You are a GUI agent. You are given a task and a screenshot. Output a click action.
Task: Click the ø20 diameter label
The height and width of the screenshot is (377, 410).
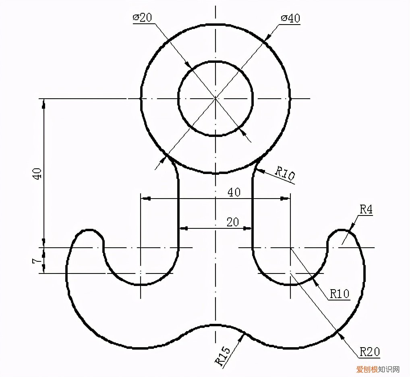click(x=142, y=18)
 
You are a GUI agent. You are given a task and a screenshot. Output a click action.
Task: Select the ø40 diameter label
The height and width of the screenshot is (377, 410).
click(x=290, y=18)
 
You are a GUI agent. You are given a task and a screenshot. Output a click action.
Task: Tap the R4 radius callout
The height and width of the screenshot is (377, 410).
click(x=366, y=209)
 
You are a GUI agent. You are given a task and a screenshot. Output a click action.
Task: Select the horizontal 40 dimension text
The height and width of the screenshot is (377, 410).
click(x=234, y=192)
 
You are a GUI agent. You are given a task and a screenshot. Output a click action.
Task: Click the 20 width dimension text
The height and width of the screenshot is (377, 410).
click(x=232, y=222)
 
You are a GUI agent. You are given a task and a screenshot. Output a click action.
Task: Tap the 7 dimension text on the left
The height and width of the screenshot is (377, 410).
click(x=37, y=261)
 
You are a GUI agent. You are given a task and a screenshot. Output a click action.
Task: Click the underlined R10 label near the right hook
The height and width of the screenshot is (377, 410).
click(x=340, y=294)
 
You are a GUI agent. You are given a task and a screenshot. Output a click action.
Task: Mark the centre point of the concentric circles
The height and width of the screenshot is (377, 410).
click(x=215, y=98)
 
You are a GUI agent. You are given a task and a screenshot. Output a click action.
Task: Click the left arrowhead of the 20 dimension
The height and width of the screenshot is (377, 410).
click(x=184, y=228)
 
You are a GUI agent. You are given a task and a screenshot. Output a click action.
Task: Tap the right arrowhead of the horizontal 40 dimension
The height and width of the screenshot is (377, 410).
click(x=285, y=198)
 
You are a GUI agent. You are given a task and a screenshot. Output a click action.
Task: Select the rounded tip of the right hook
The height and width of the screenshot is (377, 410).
click(x=342, y=231)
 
